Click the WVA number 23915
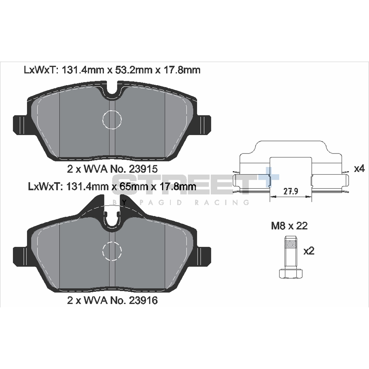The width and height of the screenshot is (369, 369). tap(143, 169)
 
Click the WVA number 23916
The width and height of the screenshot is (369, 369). tap(143, 300)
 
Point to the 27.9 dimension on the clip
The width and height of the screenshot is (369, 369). tap(291, 191)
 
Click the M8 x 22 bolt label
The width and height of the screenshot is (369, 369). tap(289, 226)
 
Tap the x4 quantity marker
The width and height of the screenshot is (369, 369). tap(359, 169)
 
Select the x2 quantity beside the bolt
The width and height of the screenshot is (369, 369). tap(309, 251)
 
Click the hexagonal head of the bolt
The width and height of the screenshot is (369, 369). tap(291, 274)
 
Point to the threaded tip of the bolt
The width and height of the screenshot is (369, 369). tap(291, 242)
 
